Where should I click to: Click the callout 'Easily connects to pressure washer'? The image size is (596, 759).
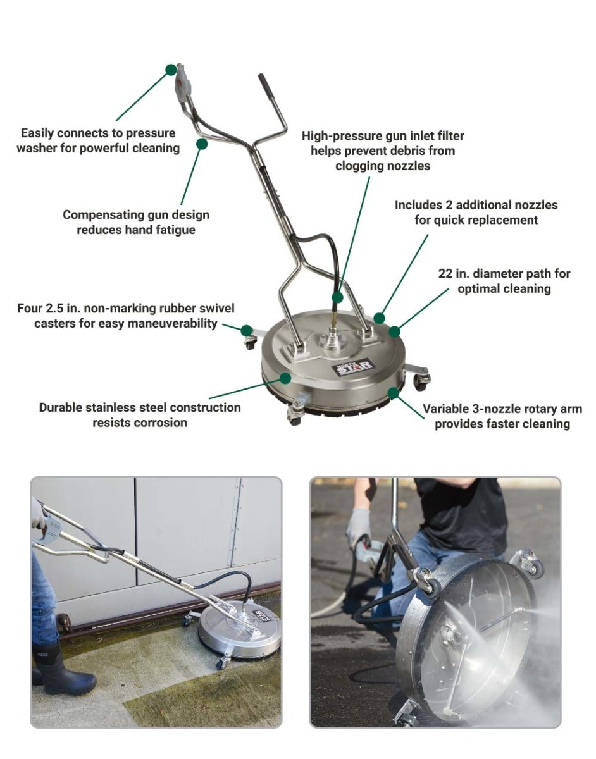click(x=98, y=141)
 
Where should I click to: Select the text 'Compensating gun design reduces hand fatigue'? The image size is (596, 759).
click(x=135, y=222)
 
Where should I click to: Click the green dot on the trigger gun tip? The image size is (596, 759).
click(x=171, y=70)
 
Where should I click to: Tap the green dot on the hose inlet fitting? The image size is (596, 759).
click(x=338, y=297)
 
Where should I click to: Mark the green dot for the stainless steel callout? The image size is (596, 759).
click(x=285, y=378)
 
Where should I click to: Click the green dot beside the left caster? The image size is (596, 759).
click(x=245, y=329)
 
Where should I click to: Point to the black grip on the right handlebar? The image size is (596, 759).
click(x=265, y=85)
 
